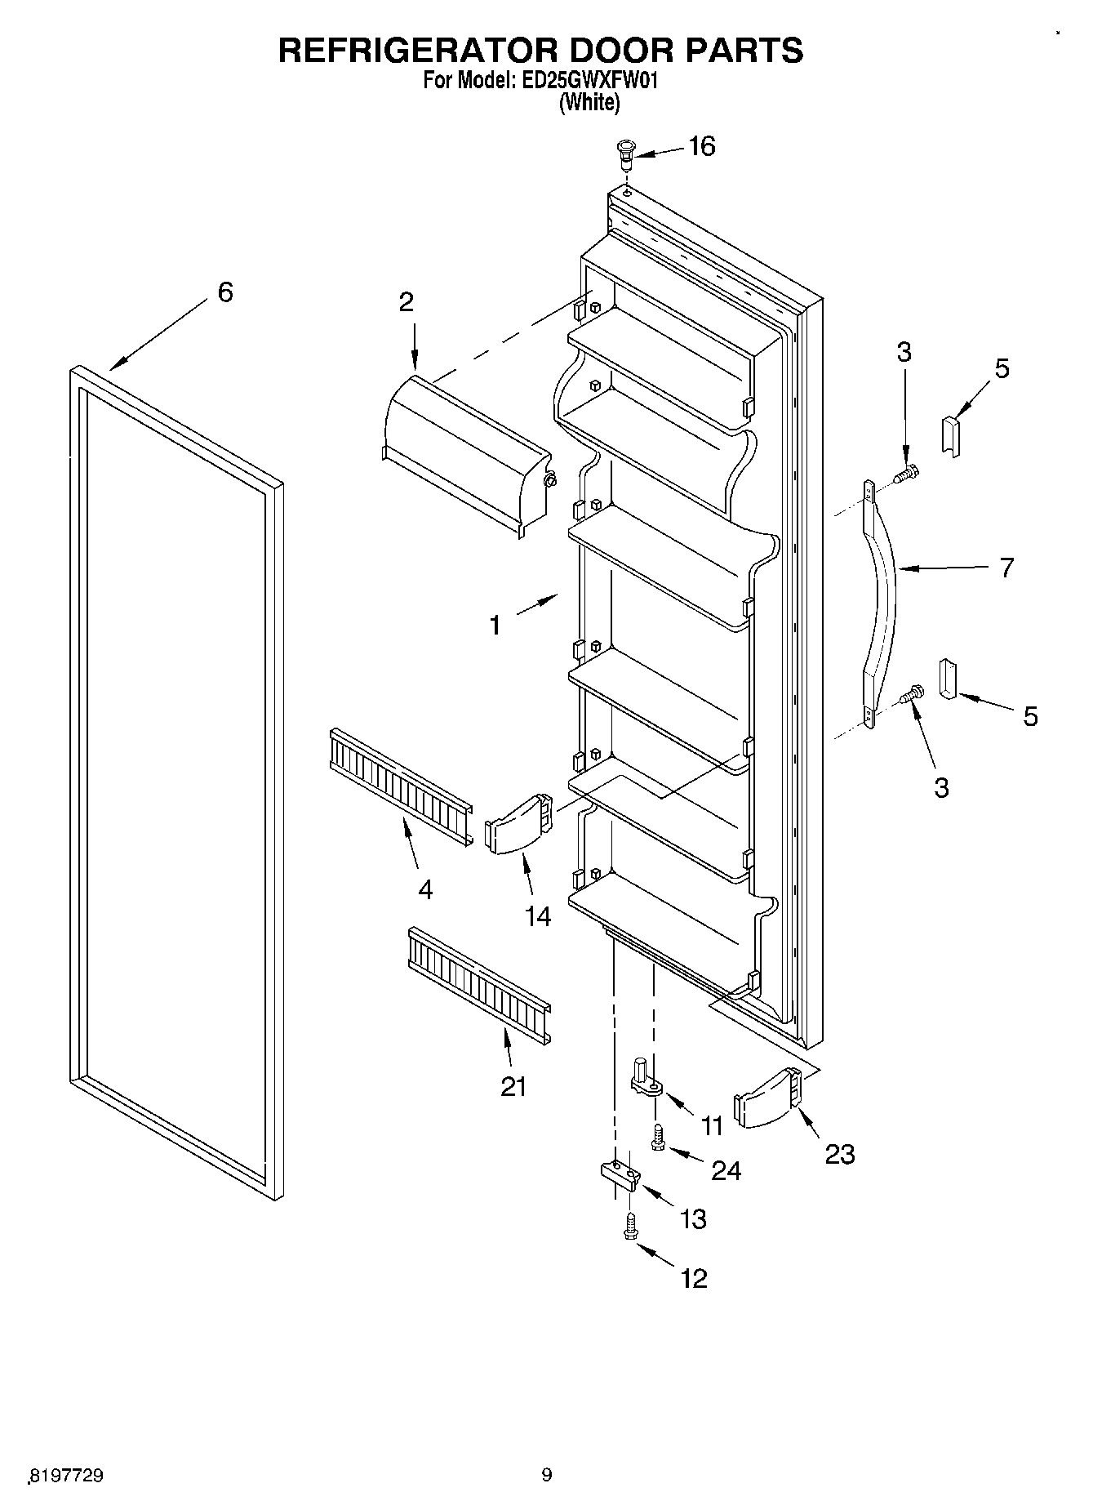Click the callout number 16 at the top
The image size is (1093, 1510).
click(x=701, y=146)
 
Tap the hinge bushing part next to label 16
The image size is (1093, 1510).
click(x=626, y=154)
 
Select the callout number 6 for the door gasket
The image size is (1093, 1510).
click(x=225, y=292)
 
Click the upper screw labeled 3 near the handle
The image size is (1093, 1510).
click(x=906, y=473)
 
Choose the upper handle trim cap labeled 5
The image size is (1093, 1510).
click(x=951, y=436)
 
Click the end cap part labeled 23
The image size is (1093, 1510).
click(x=768, y=1098)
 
